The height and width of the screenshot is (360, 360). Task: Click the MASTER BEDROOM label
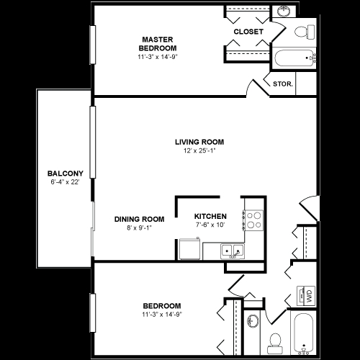(x=158, y=44)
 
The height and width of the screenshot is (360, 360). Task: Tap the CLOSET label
(x=248, y=32)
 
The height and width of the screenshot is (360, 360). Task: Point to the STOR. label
(x=283, y=84)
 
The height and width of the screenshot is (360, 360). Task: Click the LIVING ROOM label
(x=199, y=142)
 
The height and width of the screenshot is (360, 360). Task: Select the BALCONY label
(x=66, y=174)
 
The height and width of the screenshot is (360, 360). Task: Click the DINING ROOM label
(x=139, y=219)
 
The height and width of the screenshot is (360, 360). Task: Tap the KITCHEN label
(x=210, y=216)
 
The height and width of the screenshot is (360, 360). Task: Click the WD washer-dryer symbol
(x=306, y=296)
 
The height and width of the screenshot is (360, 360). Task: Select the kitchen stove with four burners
(x=254, y=220)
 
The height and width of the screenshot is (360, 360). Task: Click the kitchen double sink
(x=233, y=251)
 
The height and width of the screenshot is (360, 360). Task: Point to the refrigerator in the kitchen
(x=189, y=248)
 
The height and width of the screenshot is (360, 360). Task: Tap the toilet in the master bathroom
(x=305, y=32)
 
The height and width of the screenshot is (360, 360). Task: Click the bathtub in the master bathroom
(x=295, y=58)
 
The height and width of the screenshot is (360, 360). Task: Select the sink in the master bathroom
(x=284, y=11)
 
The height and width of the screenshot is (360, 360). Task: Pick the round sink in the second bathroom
(x=253, y=320)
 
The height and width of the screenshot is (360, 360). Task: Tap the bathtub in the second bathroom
(x=304, y=333)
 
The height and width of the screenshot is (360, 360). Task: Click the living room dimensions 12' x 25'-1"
(x=199, y=150)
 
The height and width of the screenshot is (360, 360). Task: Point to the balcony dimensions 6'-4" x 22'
(x=65, y=182)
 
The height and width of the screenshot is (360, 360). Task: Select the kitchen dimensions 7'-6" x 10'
(x=210, y=225)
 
